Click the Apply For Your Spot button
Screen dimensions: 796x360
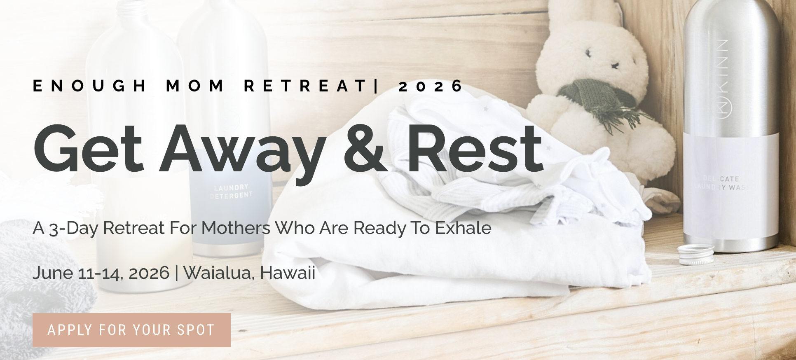tap(131, 330)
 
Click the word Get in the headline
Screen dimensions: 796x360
tap(88, 148)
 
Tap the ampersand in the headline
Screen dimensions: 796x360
tap(366, 148)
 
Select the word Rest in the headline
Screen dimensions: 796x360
tap(475, 148)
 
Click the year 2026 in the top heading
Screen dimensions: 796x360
tap(431, 86)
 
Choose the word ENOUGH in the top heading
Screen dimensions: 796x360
tap(89, 86)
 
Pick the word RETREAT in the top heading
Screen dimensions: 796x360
tap(305, 86)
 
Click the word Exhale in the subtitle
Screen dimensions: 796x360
tap(463, 228)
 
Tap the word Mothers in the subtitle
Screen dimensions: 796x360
tap(236, 228)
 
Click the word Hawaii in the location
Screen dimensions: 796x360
tap(288, 273)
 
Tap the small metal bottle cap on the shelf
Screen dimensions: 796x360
tap(696, 254)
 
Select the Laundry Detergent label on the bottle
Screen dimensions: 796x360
tap(231, 192)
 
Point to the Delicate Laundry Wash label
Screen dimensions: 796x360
tap(721, 183)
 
